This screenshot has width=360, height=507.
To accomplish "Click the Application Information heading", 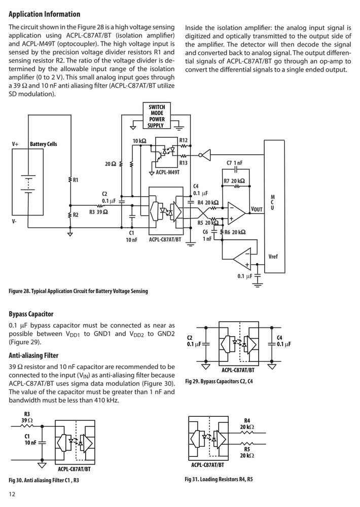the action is tap(44, 14).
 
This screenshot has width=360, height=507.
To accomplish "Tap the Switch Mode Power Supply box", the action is tap(157, 116).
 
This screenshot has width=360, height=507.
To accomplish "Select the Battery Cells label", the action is tap(43, 144).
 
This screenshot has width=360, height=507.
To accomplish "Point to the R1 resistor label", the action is tap(76, 180).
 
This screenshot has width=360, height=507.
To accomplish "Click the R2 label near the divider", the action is tap(76, 214).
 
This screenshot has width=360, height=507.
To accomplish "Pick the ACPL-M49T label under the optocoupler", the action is tap(167, 172).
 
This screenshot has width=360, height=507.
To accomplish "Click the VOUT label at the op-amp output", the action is tap(257, 209).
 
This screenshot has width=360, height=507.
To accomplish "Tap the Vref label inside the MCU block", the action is tap(273, 257).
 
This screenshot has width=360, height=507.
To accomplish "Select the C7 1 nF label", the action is tap(234, 163).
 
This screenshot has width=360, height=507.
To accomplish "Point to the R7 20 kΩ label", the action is tap(234, 181).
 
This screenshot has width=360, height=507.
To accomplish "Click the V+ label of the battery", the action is tap(15, 144).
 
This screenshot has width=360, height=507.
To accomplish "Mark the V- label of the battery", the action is tap(15, 222).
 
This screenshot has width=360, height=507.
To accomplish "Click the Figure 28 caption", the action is tap(78, 291).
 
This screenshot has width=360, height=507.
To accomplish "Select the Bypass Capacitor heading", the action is tap(31, 314).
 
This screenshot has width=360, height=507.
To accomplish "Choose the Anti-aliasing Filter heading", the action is tap(33, 356).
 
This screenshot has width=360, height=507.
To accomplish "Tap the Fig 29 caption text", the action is tap(219, 382).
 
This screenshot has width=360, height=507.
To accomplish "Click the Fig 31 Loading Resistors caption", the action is tap(219, 479).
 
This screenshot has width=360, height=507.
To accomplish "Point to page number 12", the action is tap(12, 494).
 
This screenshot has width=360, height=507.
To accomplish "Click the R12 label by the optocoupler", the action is tap(184, 140).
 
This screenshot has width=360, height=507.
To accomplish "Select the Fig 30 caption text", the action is tap(44, 480).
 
